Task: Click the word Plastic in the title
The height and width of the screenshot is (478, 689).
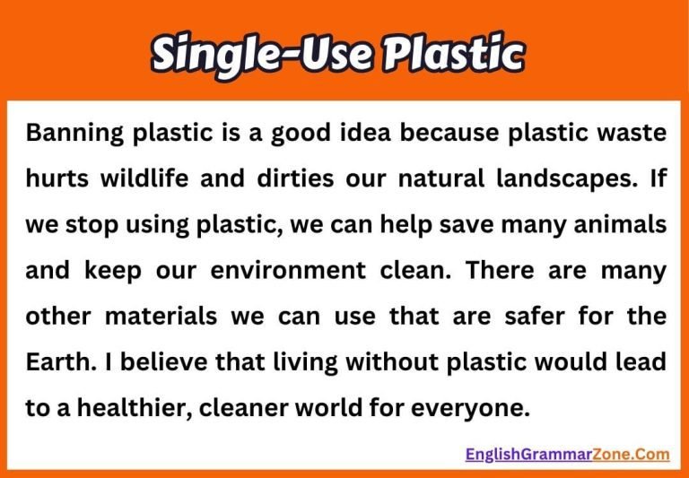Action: tap(452, 55)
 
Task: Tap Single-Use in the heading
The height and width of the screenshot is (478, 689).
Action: tap(260, 55)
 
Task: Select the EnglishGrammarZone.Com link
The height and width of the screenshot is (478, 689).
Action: tap(567, 454)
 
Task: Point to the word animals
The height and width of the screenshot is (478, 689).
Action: tap(623, 224)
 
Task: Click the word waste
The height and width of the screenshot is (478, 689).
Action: tap(633, 133)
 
